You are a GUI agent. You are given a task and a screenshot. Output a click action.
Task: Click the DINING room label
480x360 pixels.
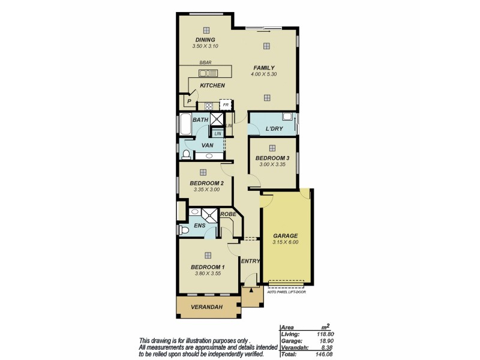pos(205,40)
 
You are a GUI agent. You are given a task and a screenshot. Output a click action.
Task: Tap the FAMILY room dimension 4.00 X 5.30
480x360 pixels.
pos(263,74)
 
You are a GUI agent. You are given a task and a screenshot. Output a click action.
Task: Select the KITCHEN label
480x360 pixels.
pos(212,86)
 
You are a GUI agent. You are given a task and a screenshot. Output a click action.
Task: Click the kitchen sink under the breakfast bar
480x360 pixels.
pos(208,73)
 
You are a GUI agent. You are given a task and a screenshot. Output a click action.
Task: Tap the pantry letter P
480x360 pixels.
pos(189,102)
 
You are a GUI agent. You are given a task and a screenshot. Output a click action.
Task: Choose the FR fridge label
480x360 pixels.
pos(226,105)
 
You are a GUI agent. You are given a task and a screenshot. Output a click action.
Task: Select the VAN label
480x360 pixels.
pos(208,145)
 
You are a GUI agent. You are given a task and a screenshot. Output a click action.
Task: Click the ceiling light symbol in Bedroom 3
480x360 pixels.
pos(272,147)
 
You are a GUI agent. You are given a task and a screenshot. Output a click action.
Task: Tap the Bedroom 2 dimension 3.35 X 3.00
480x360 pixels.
pos(206,190)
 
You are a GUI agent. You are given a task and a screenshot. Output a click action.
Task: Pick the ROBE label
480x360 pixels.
pos(227,214)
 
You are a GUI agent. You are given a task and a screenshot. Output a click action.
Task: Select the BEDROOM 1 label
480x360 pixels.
pos(207,267)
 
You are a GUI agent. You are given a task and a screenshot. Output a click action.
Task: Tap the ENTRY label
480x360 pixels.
pos(250,261)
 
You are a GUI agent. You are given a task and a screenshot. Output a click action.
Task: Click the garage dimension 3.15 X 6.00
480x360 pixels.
pos(286,242)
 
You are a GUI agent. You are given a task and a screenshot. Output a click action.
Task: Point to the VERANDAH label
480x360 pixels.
pos(206,308)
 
